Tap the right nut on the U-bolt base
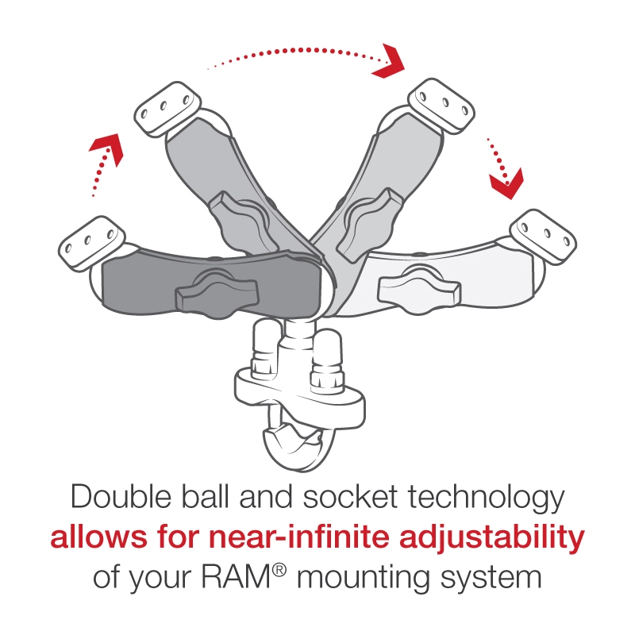(x=325, y=357)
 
